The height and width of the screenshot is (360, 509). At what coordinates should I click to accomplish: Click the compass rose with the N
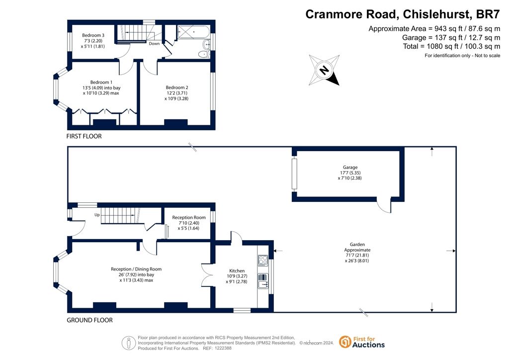pos(324,70)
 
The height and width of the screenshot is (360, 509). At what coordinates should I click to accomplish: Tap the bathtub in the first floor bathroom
pos(193,32)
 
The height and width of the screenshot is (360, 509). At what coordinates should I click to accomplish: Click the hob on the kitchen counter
pos(263,261)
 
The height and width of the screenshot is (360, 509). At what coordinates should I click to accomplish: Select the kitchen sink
pos(263,281)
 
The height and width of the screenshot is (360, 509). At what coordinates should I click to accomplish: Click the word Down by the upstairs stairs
pos(154,43)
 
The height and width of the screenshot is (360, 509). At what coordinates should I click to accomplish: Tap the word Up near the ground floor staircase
pos(97,215)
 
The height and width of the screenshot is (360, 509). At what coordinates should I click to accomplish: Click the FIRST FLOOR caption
pos(84,136)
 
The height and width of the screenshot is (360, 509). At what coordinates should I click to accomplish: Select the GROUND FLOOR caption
pos(89,320)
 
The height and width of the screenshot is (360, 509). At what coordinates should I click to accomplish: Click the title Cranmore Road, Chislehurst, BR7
pos(403,14)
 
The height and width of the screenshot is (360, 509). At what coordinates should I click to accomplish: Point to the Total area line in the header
pos(451,46)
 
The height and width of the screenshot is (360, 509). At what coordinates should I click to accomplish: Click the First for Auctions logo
pos(362,342)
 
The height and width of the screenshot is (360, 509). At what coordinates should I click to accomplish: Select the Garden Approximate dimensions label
pos(357,253)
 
